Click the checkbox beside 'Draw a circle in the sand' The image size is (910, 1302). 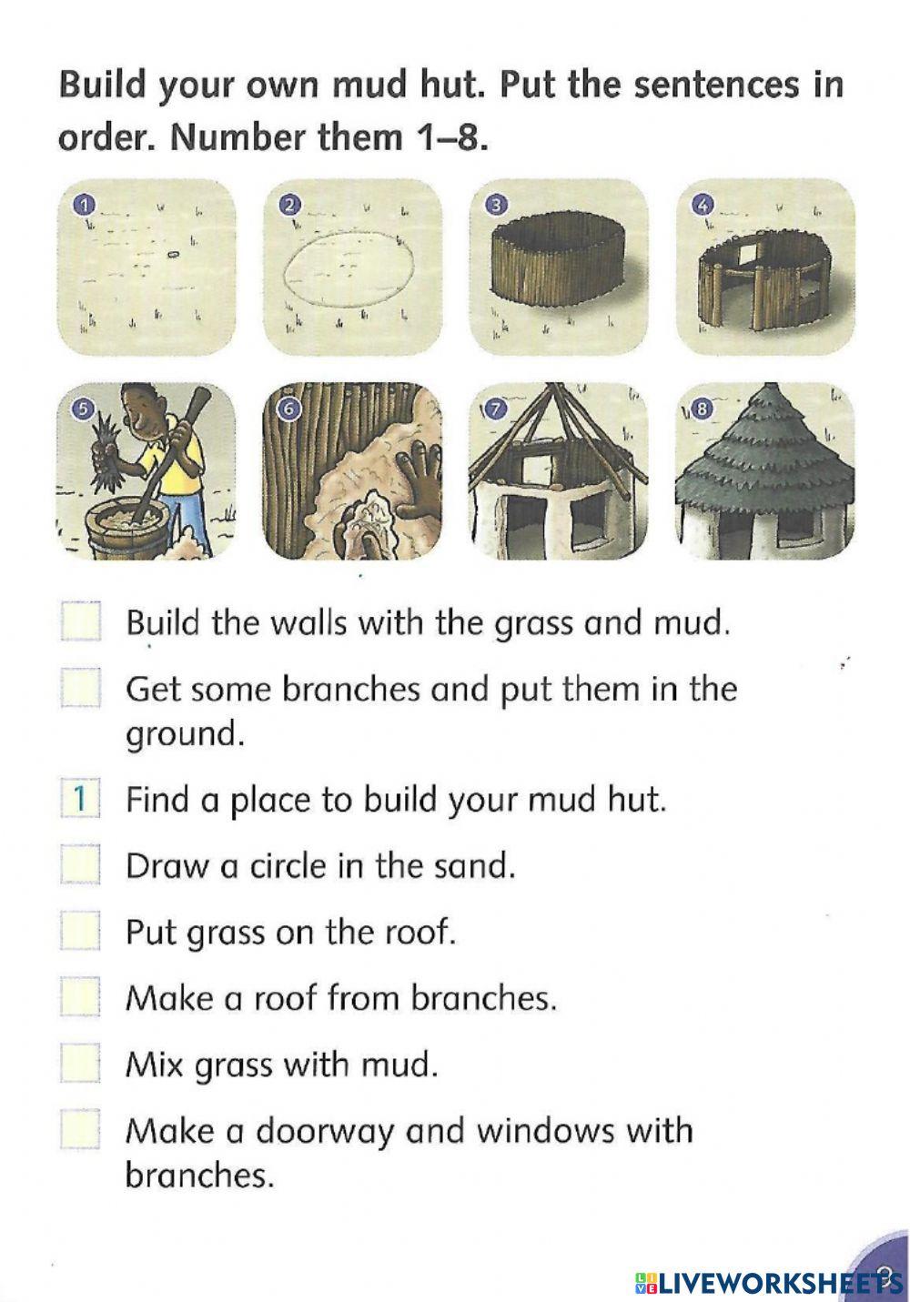coord(80,865)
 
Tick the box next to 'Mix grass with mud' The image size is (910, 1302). coord(80,1063)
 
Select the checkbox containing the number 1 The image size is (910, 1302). coord(80,799)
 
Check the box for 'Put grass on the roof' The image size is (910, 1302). coord(80,932)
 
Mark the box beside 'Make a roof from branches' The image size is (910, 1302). coord(80,998)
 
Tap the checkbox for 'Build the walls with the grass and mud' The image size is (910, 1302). coord(80,623)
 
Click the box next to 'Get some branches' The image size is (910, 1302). coord(80,689)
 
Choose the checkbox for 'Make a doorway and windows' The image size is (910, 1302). coord(80,1131)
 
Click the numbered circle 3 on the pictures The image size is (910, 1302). coord(494,205)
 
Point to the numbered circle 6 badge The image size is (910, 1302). coord(288,409)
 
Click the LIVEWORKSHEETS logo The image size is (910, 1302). coord(764,1282)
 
